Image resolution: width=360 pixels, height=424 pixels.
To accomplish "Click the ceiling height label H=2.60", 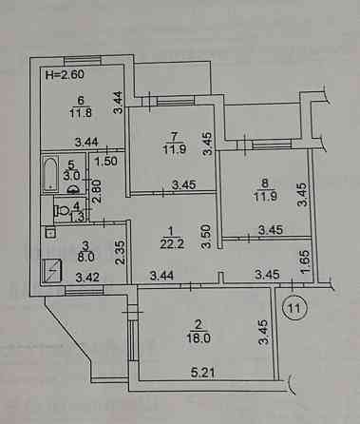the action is tap(66, 72).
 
